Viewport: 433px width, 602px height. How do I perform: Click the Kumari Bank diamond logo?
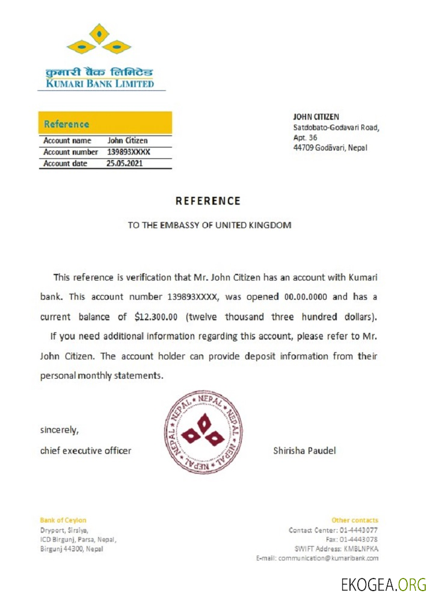(99, 40)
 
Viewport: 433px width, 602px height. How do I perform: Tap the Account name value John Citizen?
(127, 140)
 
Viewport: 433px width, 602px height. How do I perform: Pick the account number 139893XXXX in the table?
(128, 152)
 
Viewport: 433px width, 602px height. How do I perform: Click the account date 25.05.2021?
(124, 163)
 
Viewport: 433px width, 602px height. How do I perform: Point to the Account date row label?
(66, 163)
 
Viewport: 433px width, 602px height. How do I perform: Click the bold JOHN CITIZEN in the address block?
(316, 116)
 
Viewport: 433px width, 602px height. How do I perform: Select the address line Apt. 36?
(305, 137)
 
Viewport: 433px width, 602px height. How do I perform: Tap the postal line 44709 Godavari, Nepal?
(330, 147)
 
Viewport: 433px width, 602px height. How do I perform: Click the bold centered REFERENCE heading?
(208, 201)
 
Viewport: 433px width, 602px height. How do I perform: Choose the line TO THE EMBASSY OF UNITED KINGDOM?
(209, 225)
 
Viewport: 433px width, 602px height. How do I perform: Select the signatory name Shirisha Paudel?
(304, 450)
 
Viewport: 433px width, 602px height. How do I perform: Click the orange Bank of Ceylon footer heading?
(63, 520)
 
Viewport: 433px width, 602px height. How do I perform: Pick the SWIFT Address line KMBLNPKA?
(336, 548)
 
